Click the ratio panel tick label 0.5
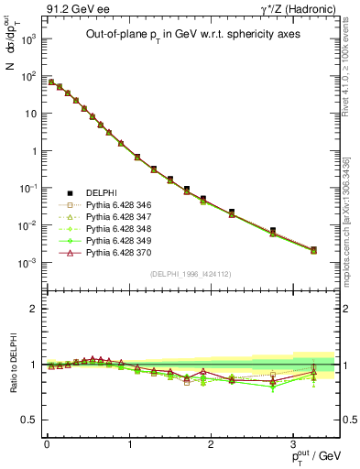[x=29, y=420]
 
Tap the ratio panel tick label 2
[x=33, y=309]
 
